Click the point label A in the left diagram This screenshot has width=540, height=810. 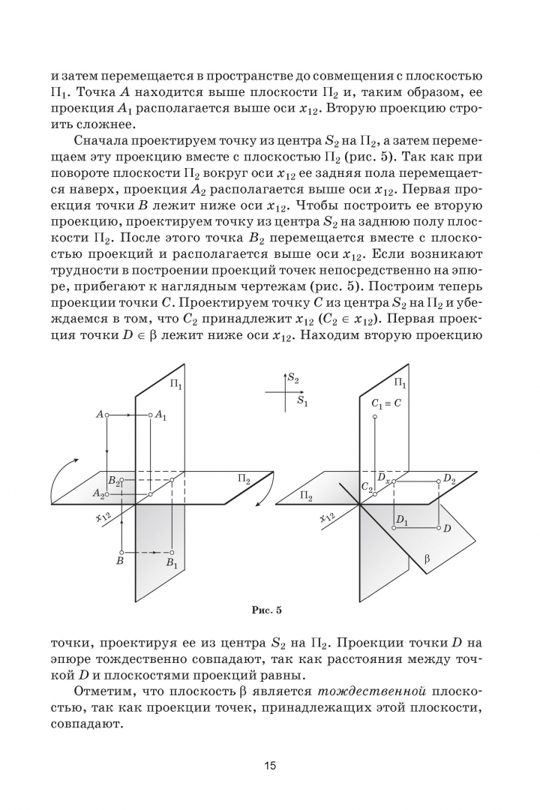(x=99, y=413)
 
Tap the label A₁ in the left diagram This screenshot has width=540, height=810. (x=161, y=415)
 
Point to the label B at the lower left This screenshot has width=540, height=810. (x=118, y=560)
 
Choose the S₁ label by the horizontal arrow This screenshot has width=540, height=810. (x=301, y=402)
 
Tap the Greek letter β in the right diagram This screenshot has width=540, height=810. (x=427, y=559)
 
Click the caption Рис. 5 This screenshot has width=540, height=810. (x=266, y=609)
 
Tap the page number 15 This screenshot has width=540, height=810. (x=270, y=766)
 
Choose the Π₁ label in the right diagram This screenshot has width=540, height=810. (x=400, y=385)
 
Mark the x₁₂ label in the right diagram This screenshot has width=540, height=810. (x=326, y=518)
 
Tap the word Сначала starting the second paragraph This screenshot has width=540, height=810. (x=100, y=140)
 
